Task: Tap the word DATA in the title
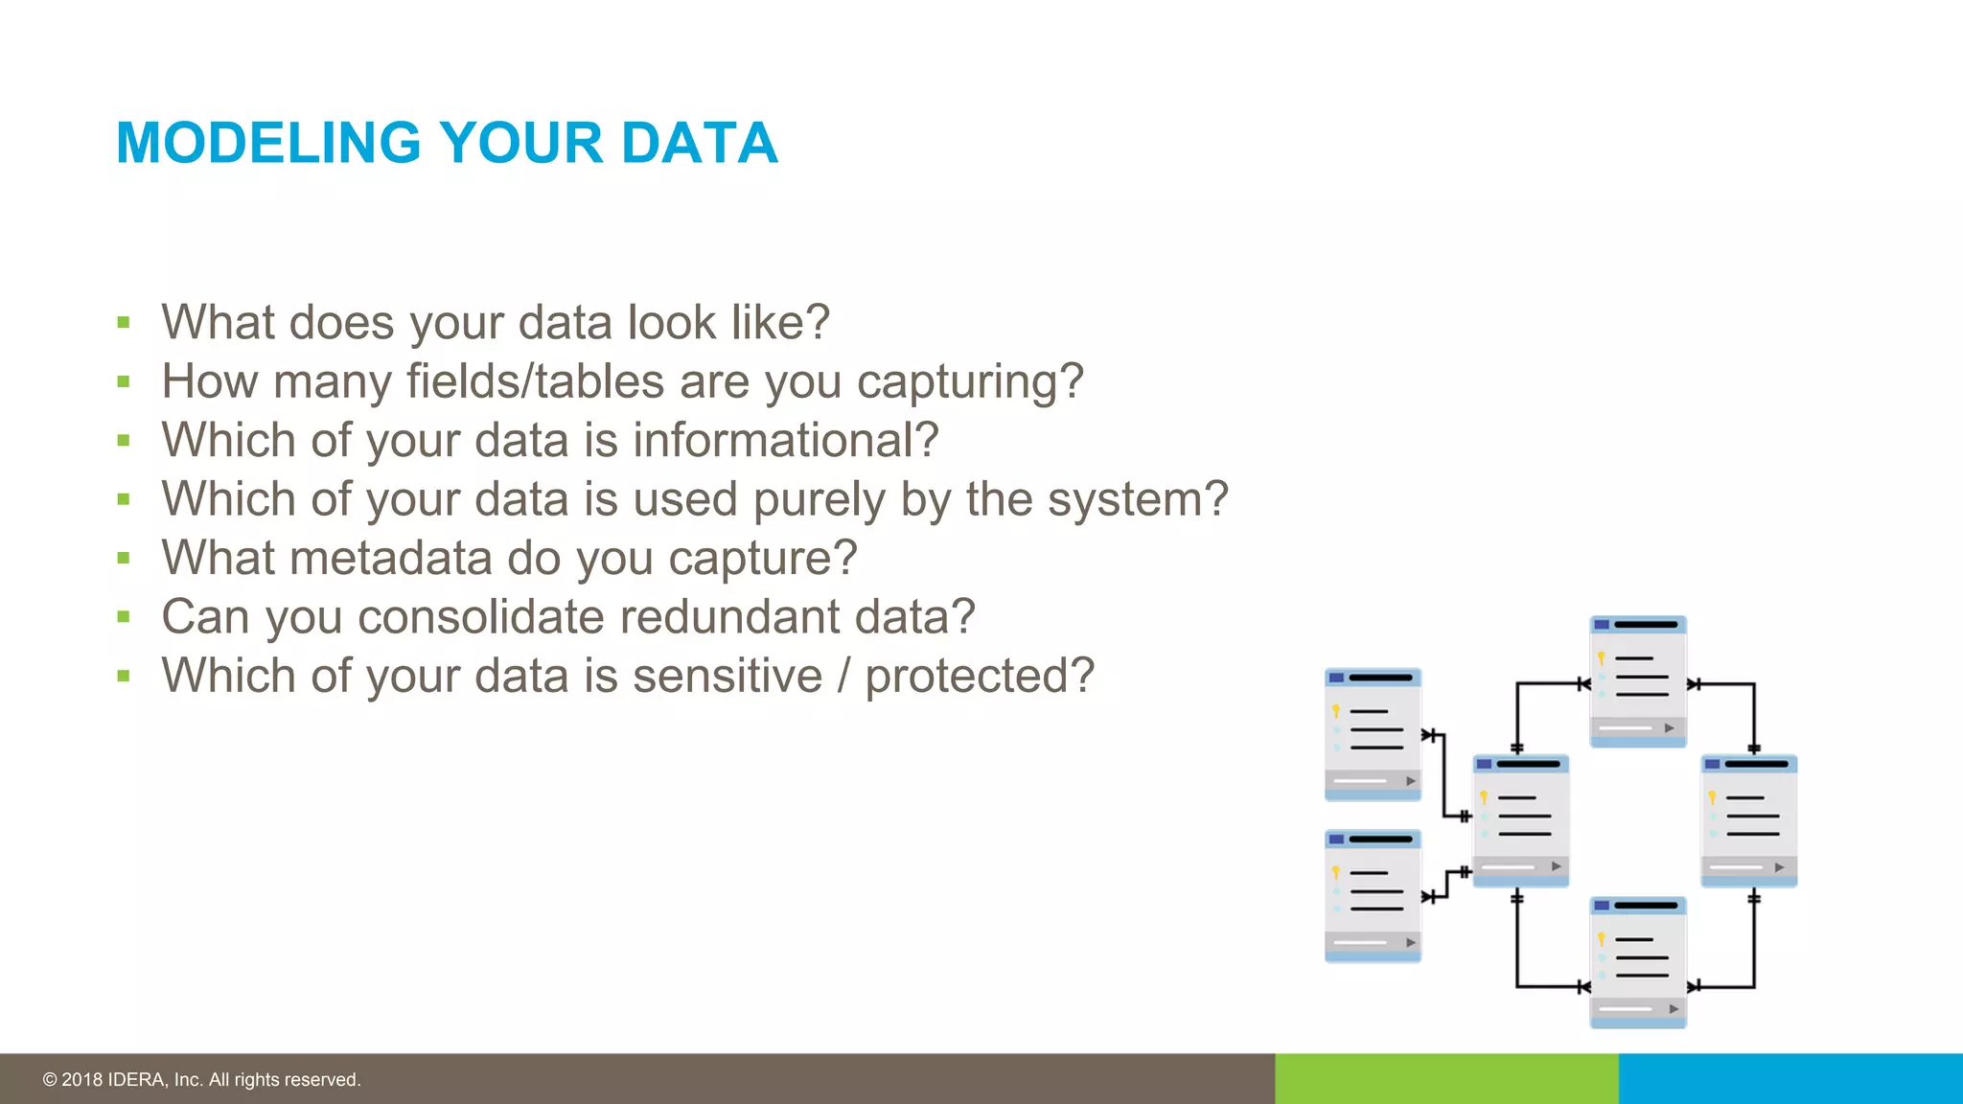(x=699, y=144)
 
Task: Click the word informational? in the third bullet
(x=785, y=441)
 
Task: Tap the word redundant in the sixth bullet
(x=730, y=617)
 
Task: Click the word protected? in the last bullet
(x=980, y=677)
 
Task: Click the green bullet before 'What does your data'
(x=124, y=323)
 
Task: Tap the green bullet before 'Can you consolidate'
(x=124, y=617)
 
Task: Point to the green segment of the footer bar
(x=1445, y=1079)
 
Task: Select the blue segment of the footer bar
(x=1790, y=1079)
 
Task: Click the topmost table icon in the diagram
(x=1638, y=681)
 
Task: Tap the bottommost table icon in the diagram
(x=1638, y=962)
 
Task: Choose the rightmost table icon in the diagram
(x=1748, y=820)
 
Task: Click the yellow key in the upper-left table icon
(x=1335, y=711)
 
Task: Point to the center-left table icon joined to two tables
(x=1520, y=820)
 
